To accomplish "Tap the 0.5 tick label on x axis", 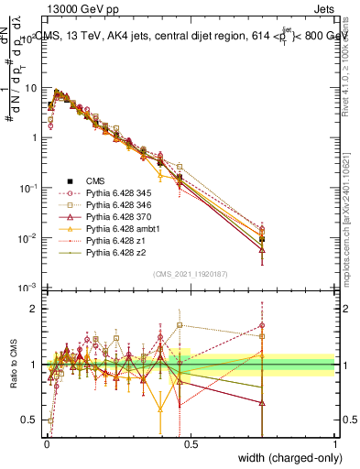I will pos(190,444).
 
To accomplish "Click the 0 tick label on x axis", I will pos(46,444).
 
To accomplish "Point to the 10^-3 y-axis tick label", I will pos(27,288).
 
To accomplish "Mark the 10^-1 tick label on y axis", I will pos(27,188).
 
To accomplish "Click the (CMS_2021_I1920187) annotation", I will pos(190,273).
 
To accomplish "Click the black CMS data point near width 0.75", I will pos(262,239).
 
